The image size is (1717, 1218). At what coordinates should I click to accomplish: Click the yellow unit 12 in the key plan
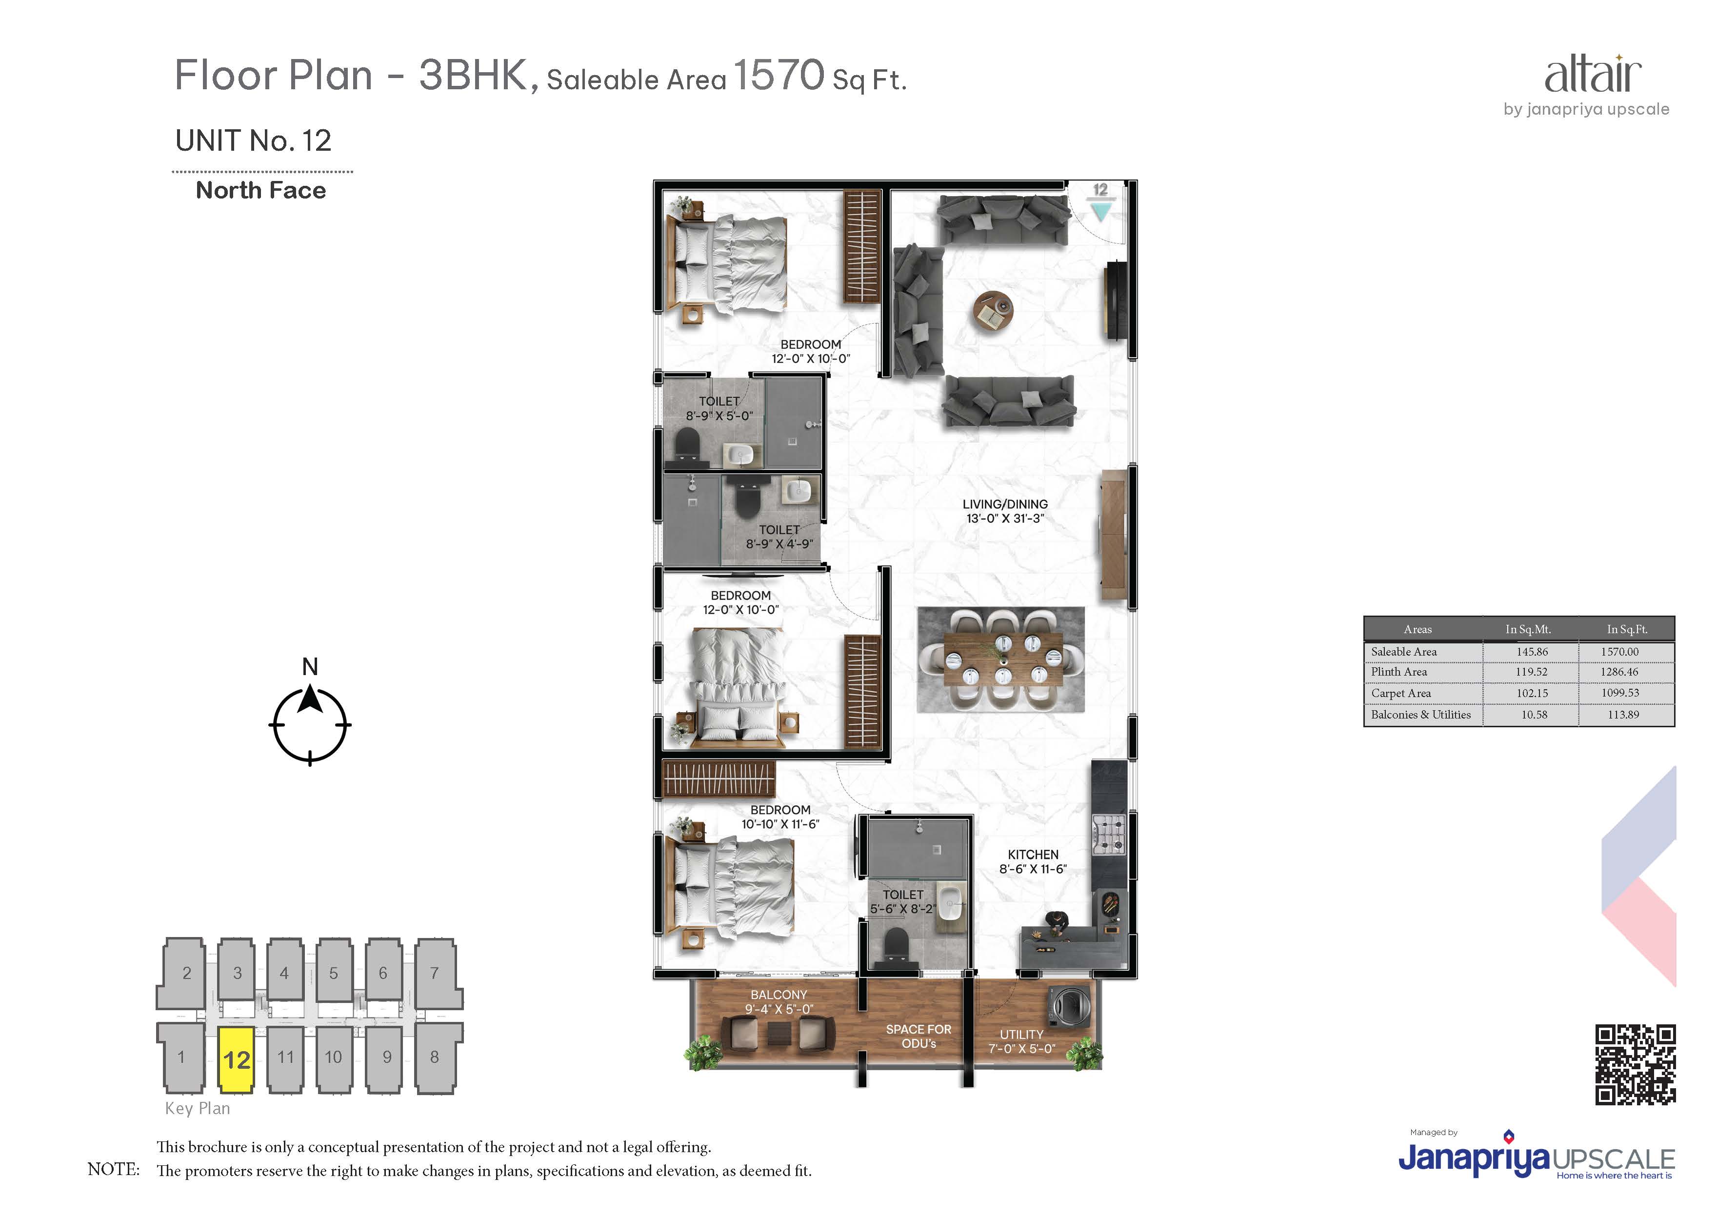pos(236,1058)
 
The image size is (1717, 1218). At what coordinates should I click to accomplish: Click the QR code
pos(1635,1064)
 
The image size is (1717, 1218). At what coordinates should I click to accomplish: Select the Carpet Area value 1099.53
pos(1620,693)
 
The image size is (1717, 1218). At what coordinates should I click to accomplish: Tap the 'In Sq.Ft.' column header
pos(1627,629)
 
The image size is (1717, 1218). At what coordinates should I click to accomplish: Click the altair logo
pos(1593,74)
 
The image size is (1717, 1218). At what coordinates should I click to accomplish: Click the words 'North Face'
pos(261,191)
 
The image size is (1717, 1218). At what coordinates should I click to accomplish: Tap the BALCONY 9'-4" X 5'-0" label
pos(779,1002)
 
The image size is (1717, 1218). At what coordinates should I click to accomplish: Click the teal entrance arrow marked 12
pos(1100,212)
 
